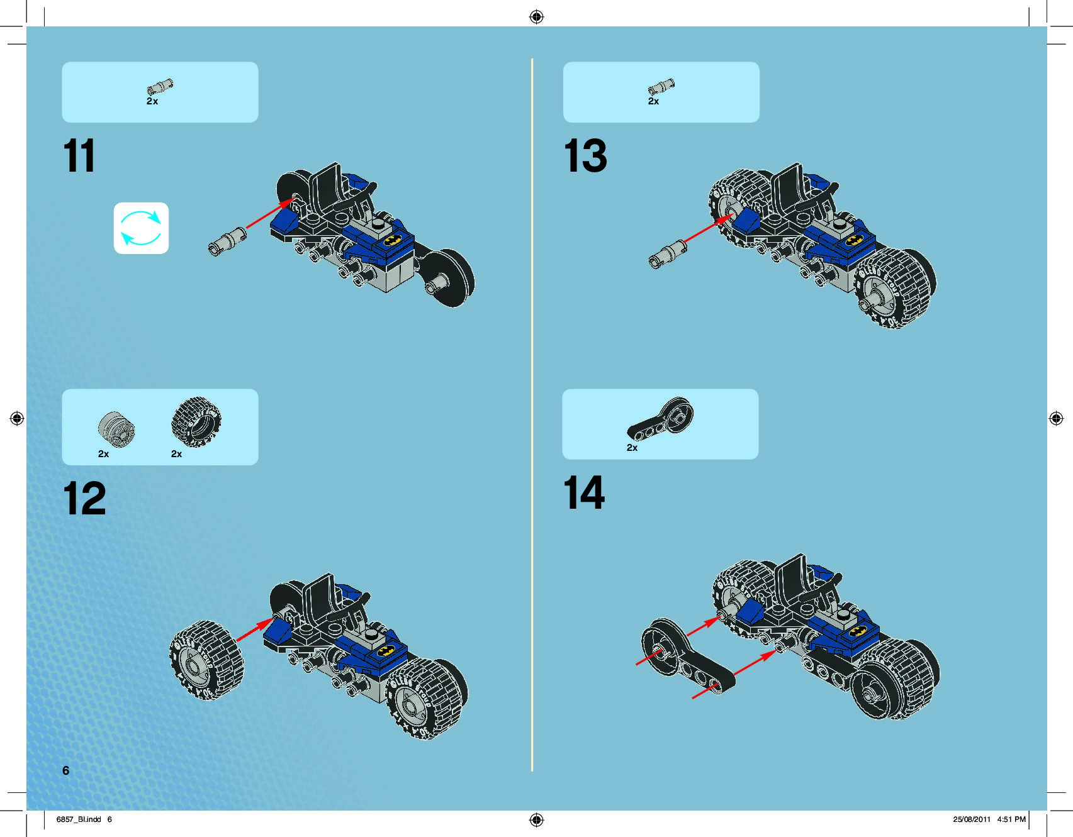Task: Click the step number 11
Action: click(x=79, y=156)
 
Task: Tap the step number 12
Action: click(x=84, y=499)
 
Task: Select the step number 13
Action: click(x=585, y=156)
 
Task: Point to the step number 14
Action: click(x=584, y=492)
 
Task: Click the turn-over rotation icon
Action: click(x=141, y=228)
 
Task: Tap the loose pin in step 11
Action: click(x=227, y=241)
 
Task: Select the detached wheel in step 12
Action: click(x=206, y=660)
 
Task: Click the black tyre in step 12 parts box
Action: click(x=196, y=421)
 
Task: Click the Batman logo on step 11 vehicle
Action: click(x=391, y=240)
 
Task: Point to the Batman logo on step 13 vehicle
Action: click(x=853, y=240)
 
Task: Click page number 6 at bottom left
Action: click(x=65, y=770)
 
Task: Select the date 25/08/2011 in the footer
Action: click(x=971, y=819)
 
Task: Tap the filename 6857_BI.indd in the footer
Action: click(x=79, y=819)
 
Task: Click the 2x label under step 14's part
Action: click(x=632, y=448)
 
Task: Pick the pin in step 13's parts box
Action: click(x=661, y=87)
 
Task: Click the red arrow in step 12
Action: click(x=256, y=630)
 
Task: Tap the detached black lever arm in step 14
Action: click(x=686, y=657)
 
